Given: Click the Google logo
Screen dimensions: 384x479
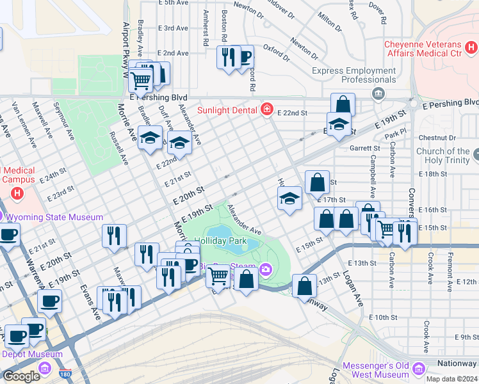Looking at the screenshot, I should (x=21, y=376).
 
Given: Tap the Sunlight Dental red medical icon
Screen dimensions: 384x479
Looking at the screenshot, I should (x=266, y=109).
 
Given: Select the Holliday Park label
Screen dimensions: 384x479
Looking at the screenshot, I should (x=220, y=241).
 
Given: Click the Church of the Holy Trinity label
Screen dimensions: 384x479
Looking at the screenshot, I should (x=444, y=156).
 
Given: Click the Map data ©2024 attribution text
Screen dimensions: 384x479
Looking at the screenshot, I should (x=451, y=379).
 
